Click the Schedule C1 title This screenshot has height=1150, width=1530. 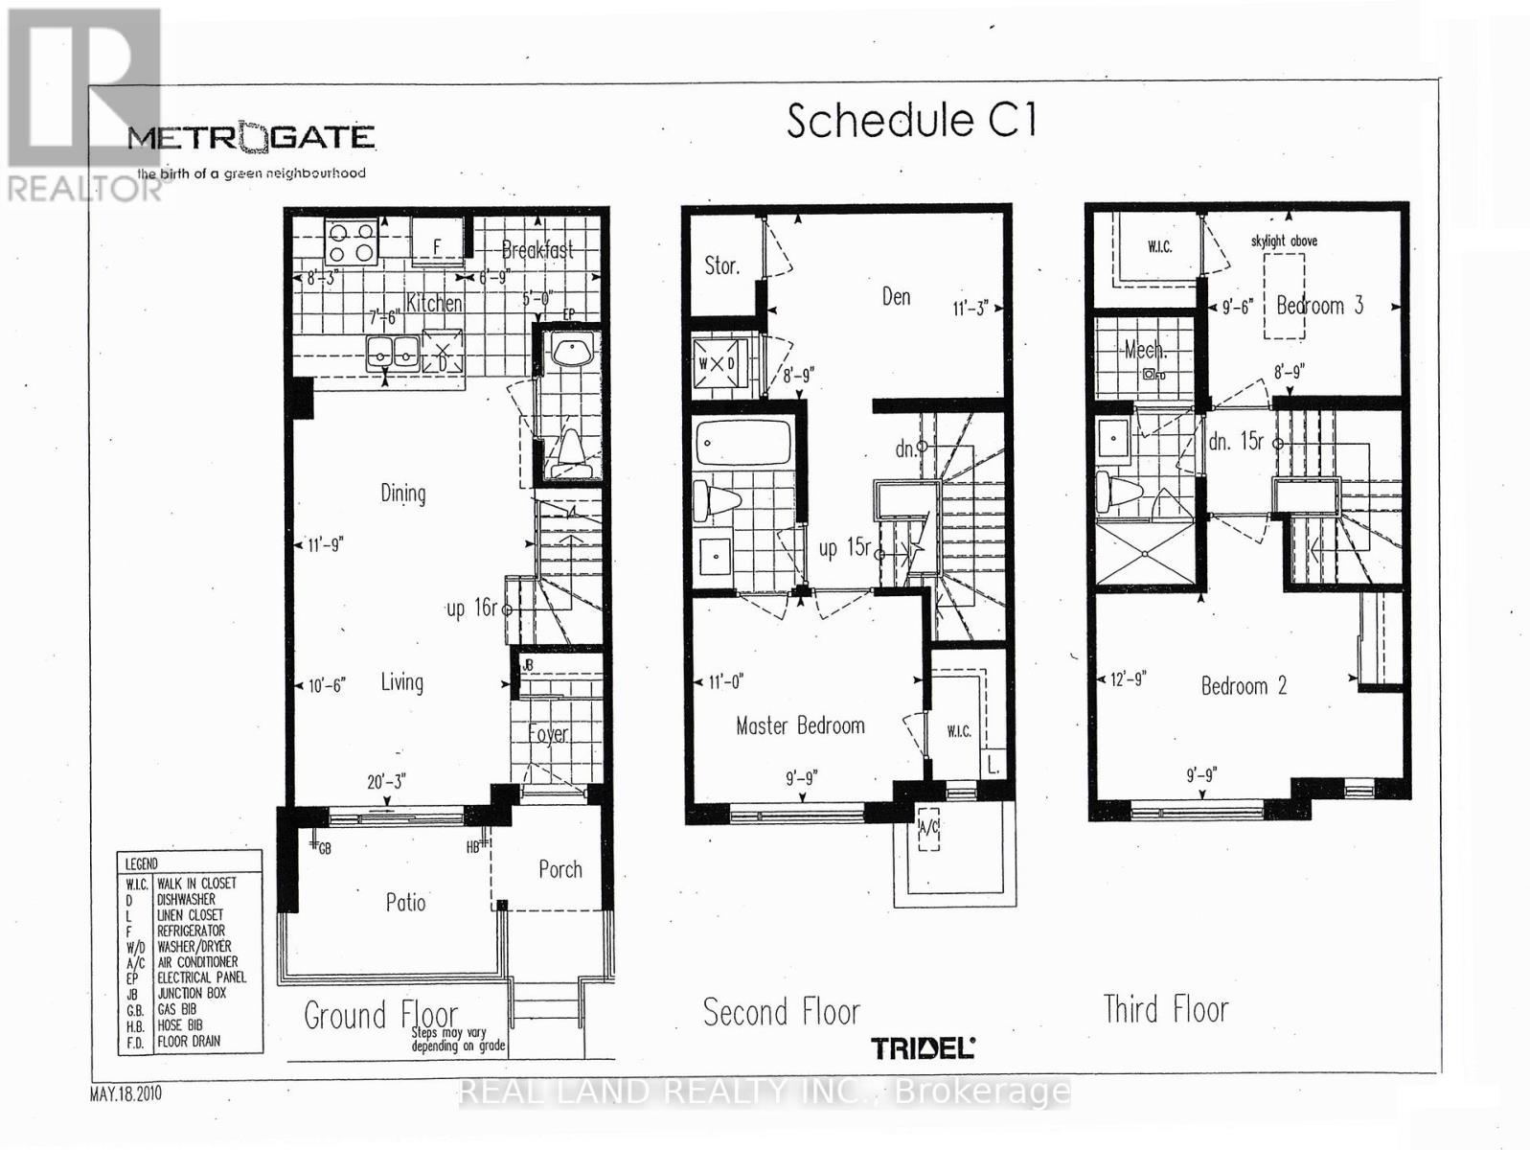point(911,122)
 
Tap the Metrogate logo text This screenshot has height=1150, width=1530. point(251,137)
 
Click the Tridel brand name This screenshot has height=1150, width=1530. point(923,1047)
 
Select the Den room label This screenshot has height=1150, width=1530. point(896,297)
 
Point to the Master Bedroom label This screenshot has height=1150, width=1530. point(800,725)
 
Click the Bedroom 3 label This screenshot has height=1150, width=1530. point(1319,306)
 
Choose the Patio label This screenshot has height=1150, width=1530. point(405,902)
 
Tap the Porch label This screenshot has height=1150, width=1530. point(559,869)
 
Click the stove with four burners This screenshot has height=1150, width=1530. point(350,241)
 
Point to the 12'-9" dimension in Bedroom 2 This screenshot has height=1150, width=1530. point(1128,678)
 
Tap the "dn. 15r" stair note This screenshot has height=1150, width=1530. point(1237,442)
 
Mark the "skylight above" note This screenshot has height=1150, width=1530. point(1283,241)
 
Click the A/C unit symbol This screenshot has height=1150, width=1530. point(927,831)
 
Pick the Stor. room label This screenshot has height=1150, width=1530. point(721,265)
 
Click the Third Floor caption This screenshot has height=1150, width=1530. point(1165,1009)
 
